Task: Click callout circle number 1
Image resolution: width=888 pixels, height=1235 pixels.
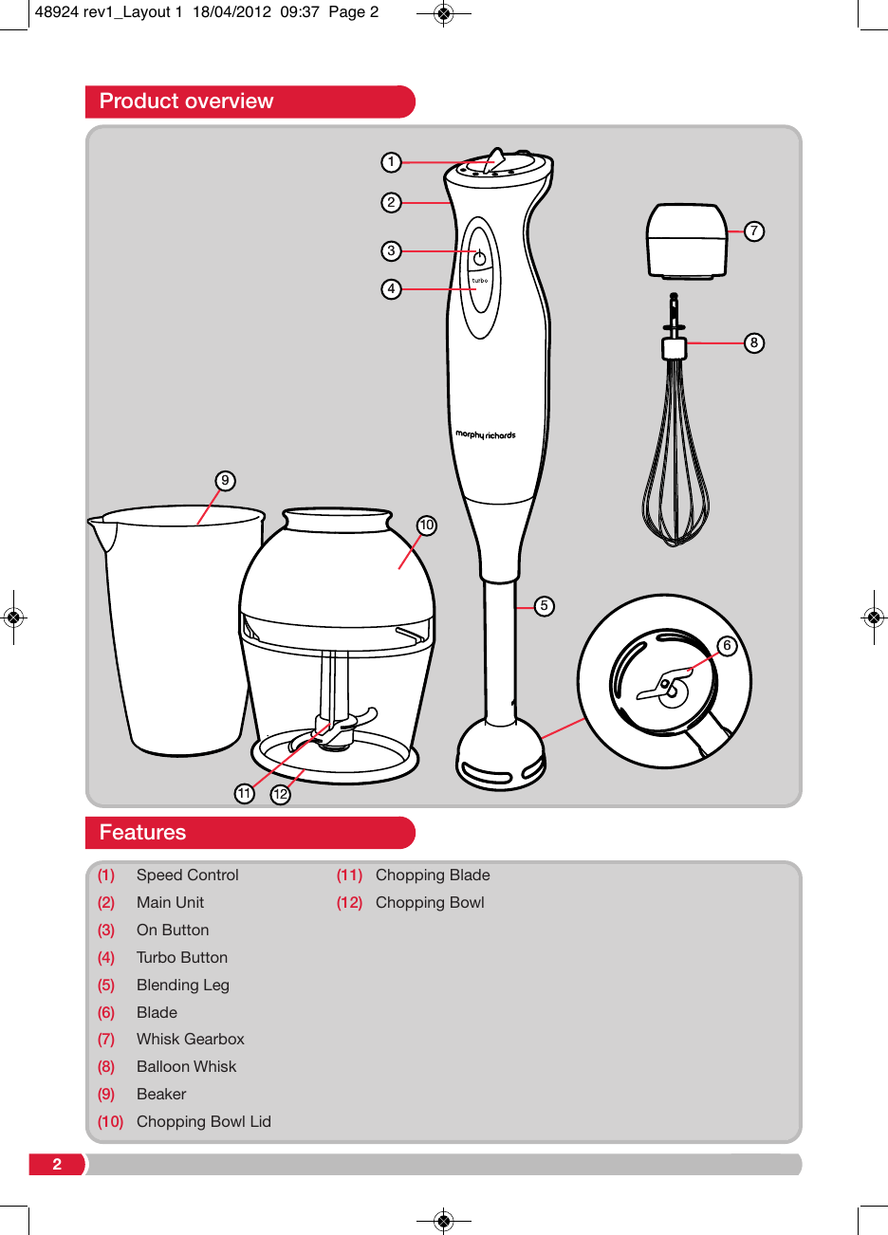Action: pos(391,162)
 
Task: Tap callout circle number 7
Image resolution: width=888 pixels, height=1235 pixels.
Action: pos(753,230)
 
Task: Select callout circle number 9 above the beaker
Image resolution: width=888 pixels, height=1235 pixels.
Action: pos(225,481)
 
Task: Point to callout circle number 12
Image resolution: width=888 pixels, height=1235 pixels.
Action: pos(280,794)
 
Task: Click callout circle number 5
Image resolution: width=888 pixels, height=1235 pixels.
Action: pos(544,606)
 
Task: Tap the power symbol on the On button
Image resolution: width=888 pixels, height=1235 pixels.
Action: pos(480,258)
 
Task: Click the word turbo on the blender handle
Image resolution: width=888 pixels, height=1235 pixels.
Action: pos(480,281)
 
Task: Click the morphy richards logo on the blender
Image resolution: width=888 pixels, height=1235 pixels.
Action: pos(485,435)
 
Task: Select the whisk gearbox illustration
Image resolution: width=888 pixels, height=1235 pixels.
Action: pos(686,241)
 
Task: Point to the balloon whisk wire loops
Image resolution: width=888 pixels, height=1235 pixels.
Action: pos(675,474)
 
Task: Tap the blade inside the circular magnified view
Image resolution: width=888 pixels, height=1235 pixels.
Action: pos(666,686)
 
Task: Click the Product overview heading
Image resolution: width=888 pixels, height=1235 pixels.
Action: pos(186,101)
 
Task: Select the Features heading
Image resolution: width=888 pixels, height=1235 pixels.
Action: pos(142,833)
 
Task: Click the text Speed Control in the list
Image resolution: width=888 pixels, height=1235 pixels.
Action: pos(187,876)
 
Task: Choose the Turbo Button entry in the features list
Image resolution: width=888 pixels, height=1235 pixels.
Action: pos(181,958)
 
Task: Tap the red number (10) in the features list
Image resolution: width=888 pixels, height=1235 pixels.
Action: pos(110,1122)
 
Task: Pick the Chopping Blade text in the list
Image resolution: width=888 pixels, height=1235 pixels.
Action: pos(433,876)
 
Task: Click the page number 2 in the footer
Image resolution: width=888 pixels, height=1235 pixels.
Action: pos(57,1165)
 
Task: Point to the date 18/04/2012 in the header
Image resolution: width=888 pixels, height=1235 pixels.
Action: pos(231,12)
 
